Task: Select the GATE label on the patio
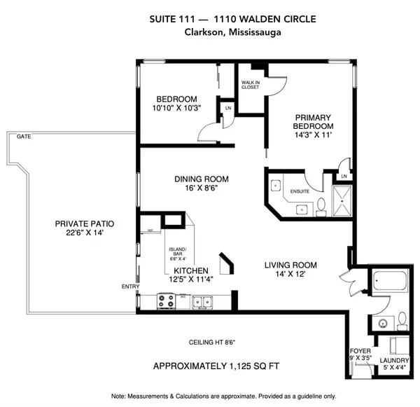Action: click(x=22, y=138)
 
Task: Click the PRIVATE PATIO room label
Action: click(x=84, y=224)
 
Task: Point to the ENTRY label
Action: click(x=130, y=286)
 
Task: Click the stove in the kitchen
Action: click(x=167, y=303)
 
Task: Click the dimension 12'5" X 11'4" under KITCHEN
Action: click(x=191, y=279)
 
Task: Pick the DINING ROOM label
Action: click(x=197, y=178)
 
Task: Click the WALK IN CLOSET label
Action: click(x=251, y=85)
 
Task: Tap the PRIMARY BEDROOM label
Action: click(x=312, y=121)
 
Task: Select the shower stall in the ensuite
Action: click(x=343, y=198)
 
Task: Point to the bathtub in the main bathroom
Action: click(x=389, y=283)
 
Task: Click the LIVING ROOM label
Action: click(x=290, y=265)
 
